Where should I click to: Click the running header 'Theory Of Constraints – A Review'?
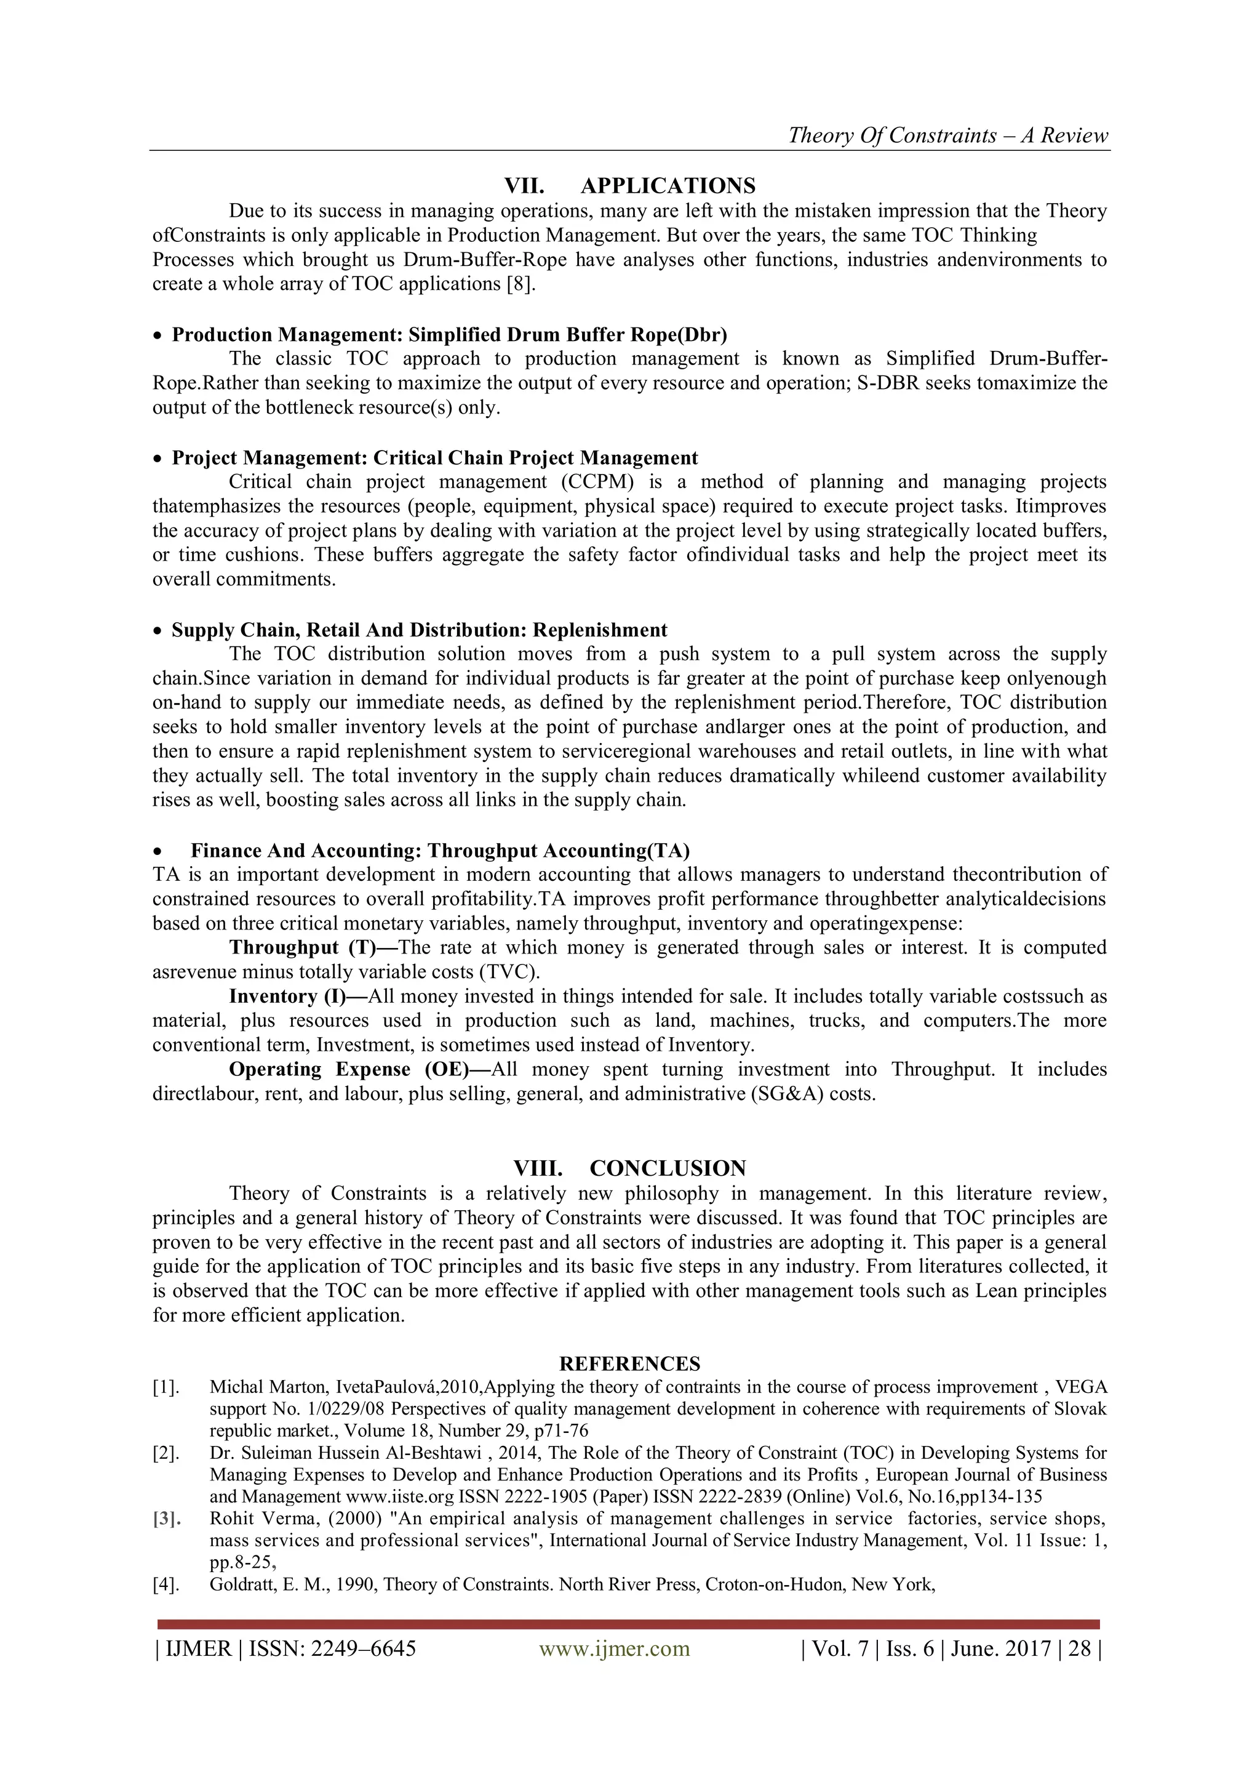(948, 136)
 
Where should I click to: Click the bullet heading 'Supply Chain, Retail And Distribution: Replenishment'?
(419, 630)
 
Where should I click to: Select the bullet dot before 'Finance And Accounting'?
(158, 851)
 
